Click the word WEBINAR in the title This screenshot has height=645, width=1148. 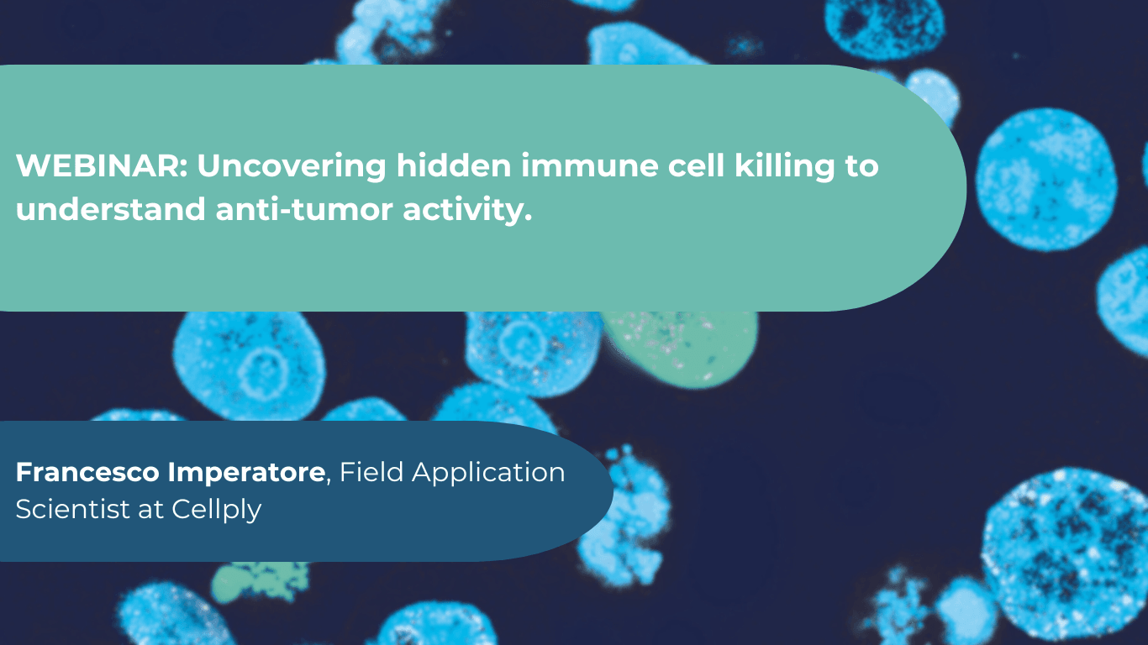[x=102, y=165]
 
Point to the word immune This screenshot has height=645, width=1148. [x=589, y=165]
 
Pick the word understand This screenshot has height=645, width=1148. [x=111, y=208]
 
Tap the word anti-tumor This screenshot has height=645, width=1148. [x=304, y=208]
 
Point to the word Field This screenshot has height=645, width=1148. [x=371, y=472]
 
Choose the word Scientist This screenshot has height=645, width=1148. [x=72, y=509]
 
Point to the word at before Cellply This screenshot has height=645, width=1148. [x=150, y=510]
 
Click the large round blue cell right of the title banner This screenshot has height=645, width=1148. [x=1046, y=180]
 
